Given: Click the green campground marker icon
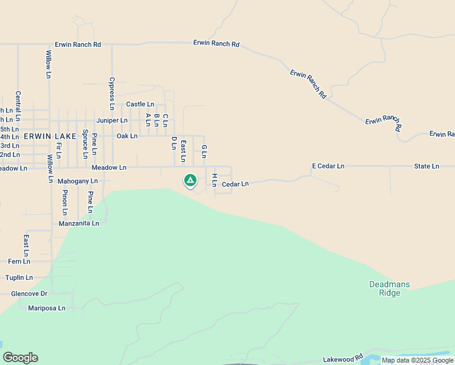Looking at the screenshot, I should pyautogui.click(x=190, y=180).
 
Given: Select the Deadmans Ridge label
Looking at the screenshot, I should pyautogui.click(x=389, y=289).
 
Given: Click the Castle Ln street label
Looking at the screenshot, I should pyautogui.click(x=140, y=105).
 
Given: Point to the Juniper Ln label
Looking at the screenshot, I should pyautogui.click(x=111, y=120).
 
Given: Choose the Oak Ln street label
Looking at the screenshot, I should pyautogui.click(x=127, y=136).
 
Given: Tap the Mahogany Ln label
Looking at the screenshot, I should pyautogui.click(x=77, y=181).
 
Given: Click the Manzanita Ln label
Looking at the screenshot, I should pyautogui.click(x=78, y=223).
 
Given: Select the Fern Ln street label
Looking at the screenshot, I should pyautogui.click(x=19, y=262).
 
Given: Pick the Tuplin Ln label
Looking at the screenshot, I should pyautogui.click(x=19, y=277).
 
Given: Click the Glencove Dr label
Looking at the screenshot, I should pyautogui.click(x=29, y=294).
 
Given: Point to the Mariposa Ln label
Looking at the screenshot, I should pyautogui.click(x=46, y=308).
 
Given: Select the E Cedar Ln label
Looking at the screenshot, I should pyautogui.click(x=328, y=166).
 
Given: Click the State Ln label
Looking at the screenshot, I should pyautogui.click(x=426, y=166).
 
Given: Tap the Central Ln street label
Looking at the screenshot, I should pyautogui.click(x=18, y=105).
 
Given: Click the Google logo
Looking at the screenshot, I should pyautogui.click(x=20, y=358).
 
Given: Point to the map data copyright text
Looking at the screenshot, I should pyautogui.click(x=417, y=360).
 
